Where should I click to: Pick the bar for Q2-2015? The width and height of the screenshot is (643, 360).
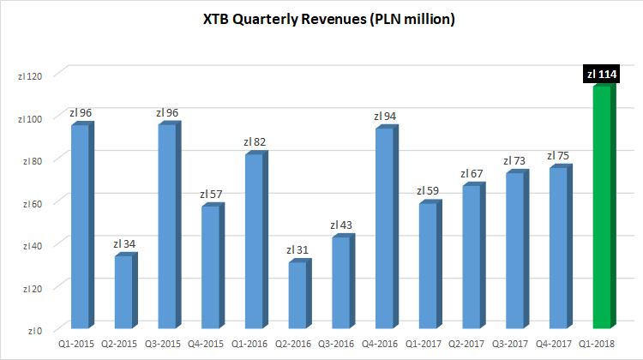(x=123, y=291)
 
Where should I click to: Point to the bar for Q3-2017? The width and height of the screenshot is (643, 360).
(x=514, y=249)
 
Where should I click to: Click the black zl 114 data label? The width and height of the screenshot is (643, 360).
(x=602, y=75)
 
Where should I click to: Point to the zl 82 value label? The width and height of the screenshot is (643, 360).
(x=255, y=142)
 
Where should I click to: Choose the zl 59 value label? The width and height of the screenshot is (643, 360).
(x=428, y=191)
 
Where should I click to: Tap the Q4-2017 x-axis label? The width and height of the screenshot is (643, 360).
(x=558, y=344)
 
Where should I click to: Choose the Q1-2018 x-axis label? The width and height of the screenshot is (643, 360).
(x=602, y=344)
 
